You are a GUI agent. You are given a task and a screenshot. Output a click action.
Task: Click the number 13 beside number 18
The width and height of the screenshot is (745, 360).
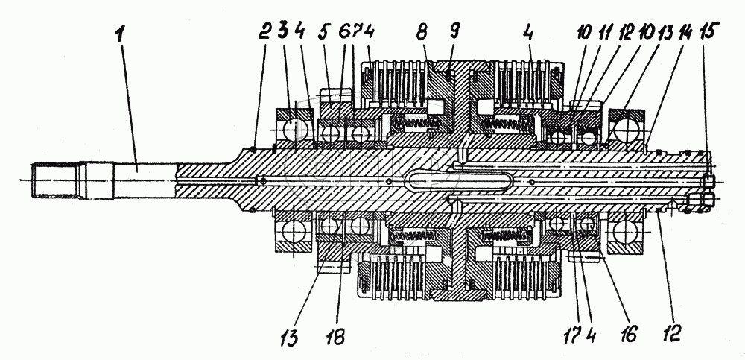(x=290, y=338)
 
